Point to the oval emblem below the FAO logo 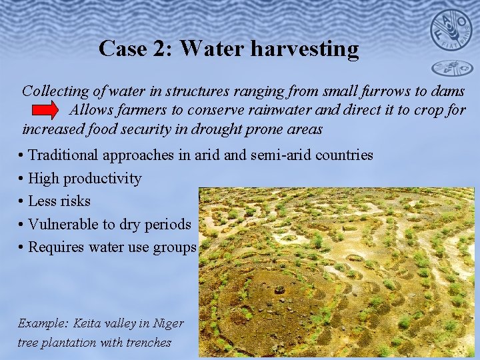point(451,68)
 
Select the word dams point(449,90)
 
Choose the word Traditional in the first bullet point(64,155)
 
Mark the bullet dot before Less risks point(22,201)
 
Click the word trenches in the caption point(148,343)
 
